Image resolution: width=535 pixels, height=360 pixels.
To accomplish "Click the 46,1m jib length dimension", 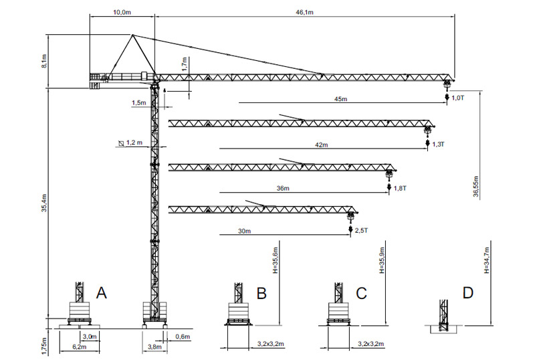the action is (x=304, y=12).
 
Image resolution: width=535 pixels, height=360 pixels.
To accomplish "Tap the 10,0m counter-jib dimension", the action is (x=122, y=12).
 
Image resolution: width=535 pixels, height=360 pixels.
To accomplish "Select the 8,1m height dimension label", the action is (x=43, y=61).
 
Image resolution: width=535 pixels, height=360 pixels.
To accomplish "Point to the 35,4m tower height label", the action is (x=43, y=203).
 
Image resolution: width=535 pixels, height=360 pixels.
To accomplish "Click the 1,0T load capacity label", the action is (x=458, y=98).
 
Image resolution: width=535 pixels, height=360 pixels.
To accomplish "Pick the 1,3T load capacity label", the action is (x=439, y=145).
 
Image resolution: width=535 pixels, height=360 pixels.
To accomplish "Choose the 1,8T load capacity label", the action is (x=400, y=188).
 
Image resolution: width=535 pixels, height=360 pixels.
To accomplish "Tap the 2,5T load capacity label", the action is (x=361, y=231).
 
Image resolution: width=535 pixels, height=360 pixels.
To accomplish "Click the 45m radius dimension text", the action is (x=340, y=99).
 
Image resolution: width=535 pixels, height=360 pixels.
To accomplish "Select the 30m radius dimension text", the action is (x=244, y=232).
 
